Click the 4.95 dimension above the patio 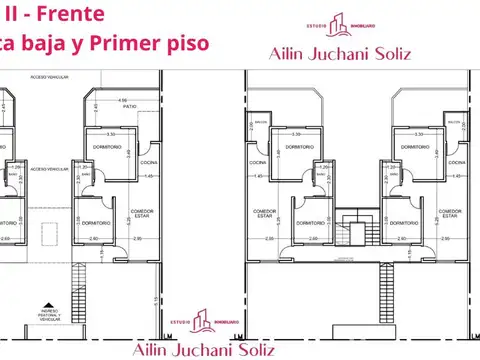122,101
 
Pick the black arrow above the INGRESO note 44,307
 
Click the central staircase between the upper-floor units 352,229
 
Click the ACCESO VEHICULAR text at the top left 48,77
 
